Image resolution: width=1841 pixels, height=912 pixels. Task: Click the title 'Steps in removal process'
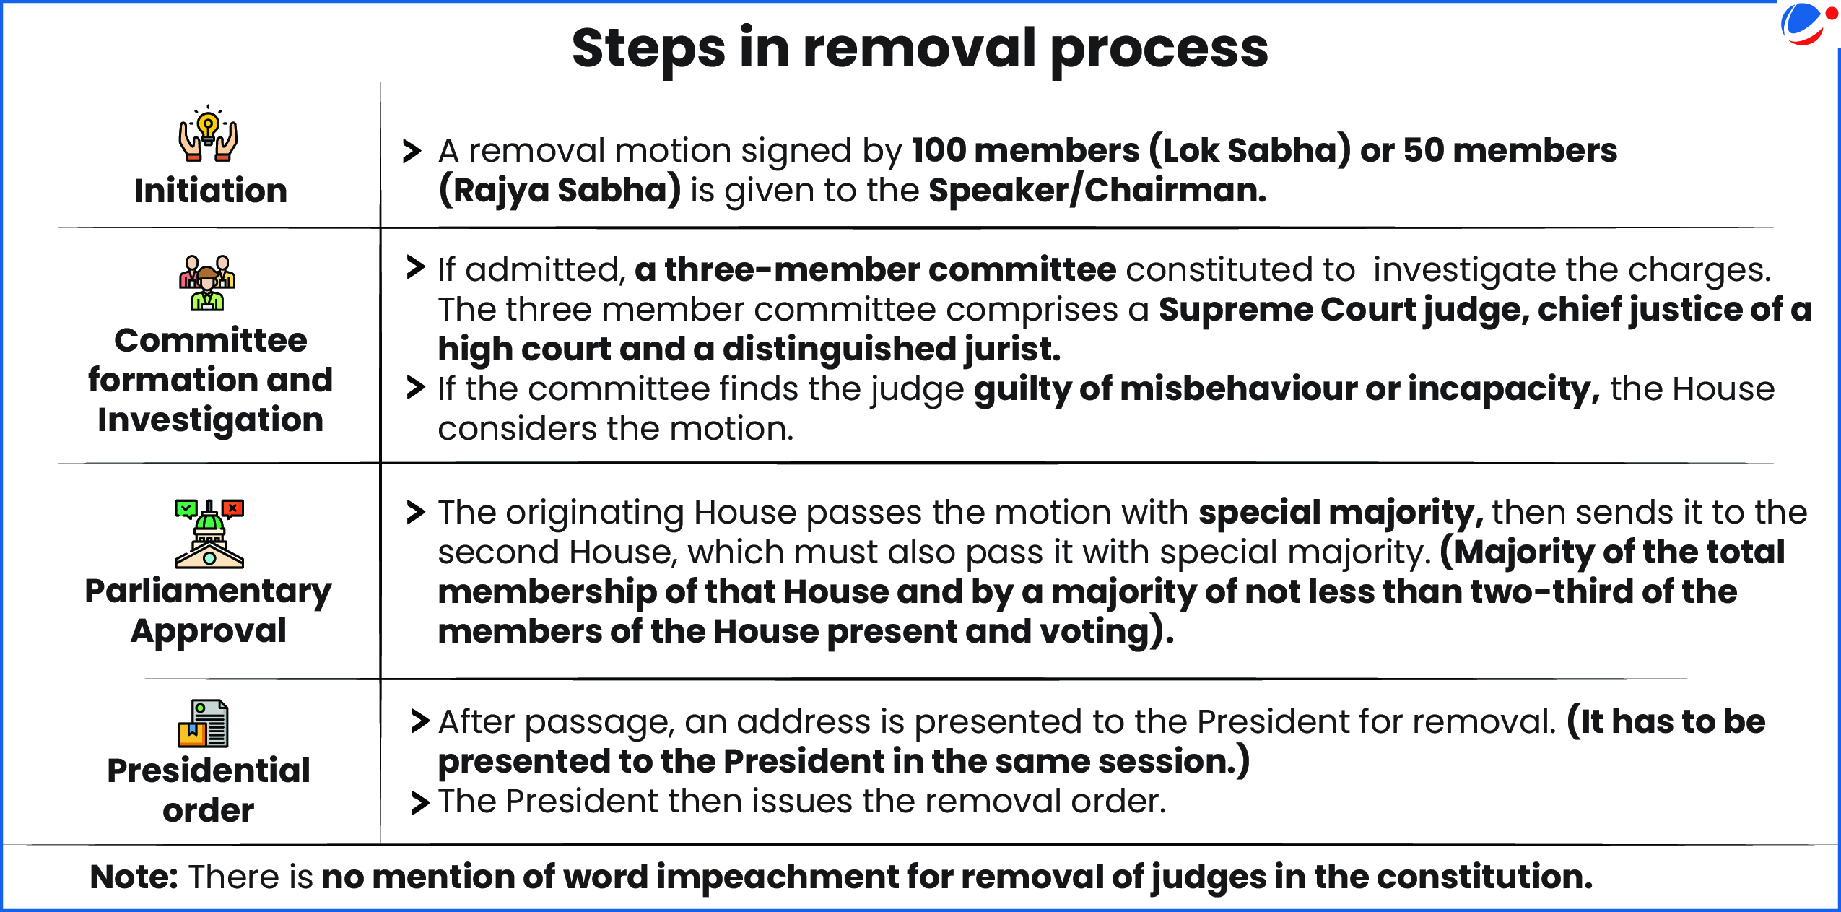[x=920, y=49]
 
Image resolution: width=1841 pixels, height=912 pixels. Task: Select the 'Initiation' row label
[x=211, y=191]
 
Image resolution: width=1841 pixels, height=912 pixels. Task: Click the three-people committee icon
[x=208, y=283]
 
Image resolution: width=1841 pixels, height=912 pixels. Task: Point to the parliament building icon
[x=209, y=534]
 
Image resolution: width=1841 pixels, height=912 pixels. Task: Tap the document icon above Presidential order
[x=204, y=724]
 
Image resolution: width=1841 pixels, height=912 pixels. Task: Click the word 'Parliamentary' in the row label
[x=209, y=592]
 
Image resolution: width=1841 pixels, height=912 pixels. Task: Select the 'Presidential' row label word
[x=209, y=770]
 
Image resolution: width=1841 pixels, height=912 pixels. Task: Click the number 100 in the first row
[x=938, y=151]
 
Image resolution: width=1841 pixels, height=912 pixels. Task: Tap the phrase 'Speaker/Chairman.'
[x=1097, y=191]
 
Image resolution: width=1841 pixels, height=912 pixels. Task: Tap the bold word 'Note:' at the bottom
[x=134, y=877]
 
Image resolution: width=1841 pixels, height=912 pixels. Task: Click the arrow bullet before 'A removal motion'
[x=412, y=151]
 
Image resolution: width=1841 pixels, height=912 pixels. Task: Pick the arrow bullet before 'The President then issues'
[x=420, y=802]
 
